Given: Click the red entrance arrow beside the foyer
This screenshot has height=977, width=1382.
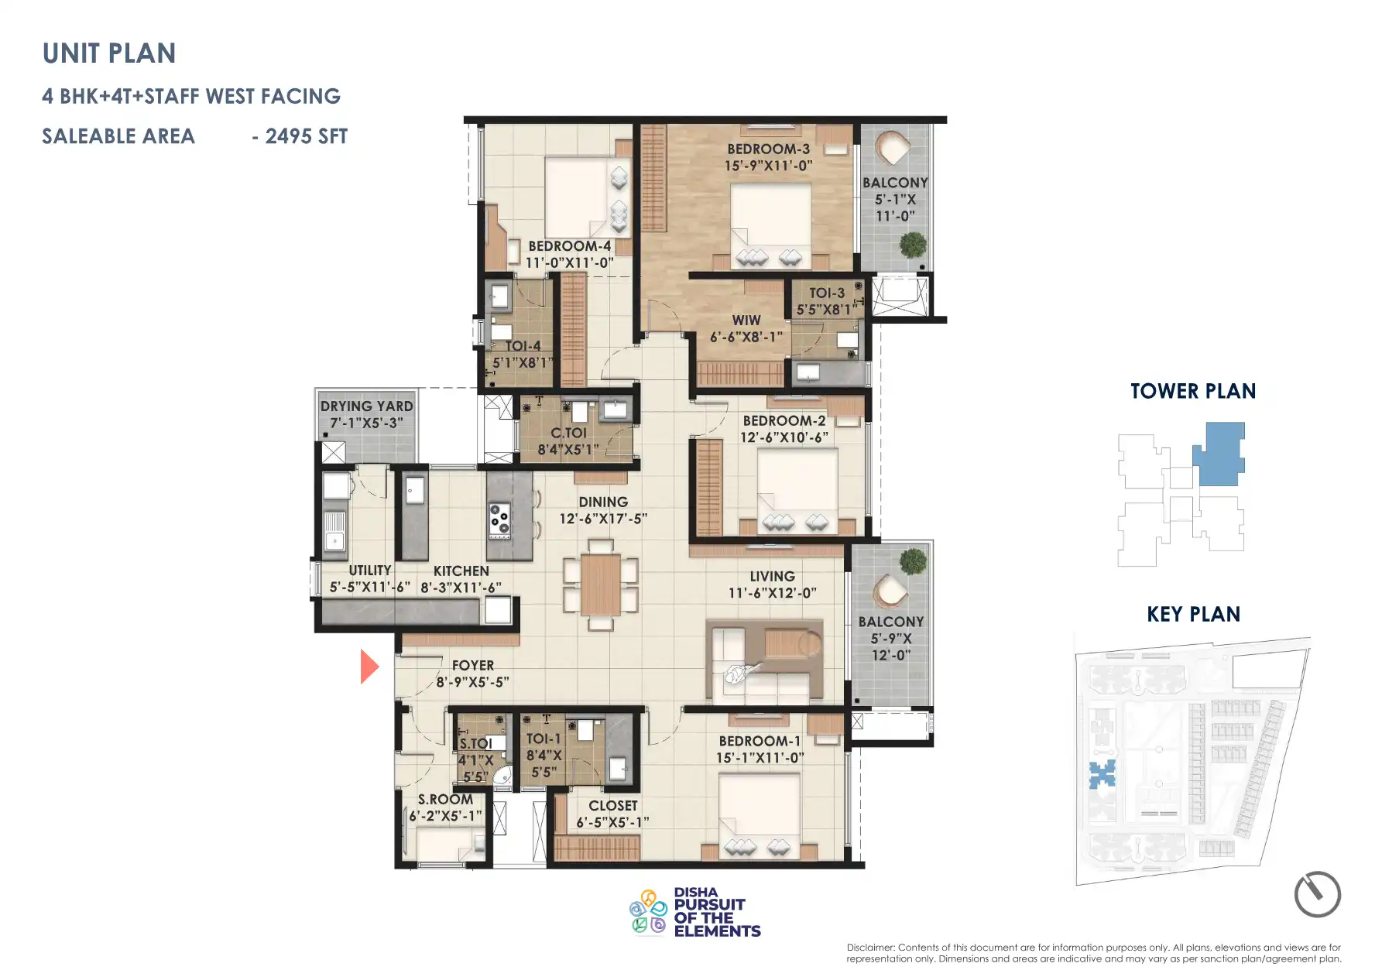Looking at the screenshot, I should click(x=369, y=667).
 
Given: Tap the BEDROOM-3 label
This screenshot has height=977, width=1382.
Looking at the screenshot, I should click(x=768, y=149).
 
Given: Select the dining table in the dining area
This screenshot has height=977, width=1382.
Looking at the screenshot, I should click(x=600, y=584).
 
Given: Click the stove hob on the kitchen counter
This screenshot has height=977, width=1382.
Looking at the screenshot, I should click(x=499, y=520).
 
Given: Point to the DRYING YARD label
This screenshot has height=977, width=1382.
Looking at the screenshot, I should click(x=366, y=406).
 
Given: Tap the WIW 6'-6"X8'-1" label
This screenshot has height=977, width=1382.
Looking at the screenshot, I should click(x=746, y=328).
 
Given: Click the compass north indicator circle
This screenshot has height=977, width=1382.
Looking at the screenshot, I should click(x=1317, y=894).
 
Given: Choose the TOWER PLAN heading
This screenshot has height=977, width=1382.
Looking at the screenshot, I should click(x=1193, y=391).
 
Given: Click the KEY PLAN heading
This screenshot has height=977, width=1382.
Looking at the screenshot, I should click(x=1193, y=614).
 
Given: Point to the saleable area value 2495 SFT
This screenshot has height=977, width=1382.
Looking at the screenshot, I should click(x=307, y=136).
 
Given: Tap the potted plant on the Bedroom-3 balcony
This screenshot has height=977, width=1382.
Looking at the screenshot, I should click(x=913, y=245).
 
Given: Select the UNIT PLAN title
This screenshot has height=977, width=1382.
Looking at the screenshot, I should click(x=109, y=53).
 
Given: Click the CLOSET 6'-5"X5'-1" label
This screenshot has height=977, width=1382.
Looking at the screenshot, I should click(x=612, y=814).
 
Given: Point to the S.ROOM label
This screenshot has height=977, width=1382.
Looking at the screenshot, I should click(x=445, y=800).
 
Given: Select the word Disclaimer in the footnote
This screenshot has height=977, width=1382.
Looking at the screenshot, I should click(x=870, y=947).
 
